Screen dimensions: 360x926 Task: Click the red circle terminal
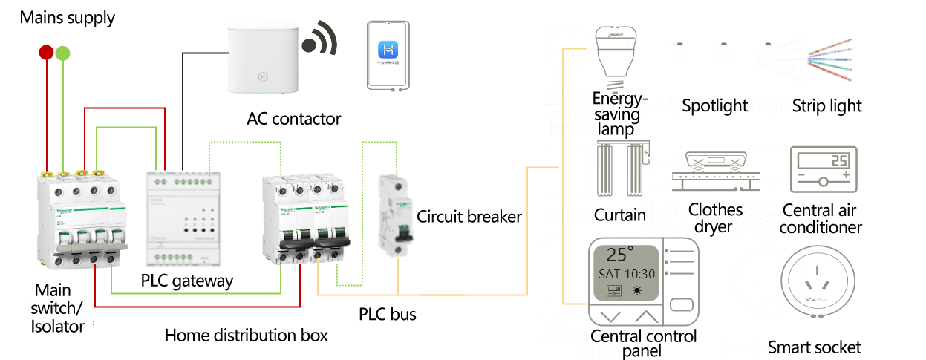pos(46,52)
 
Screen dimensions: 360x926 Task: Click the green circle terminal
pos(63,53)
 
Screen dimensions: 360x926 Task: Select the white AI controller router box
pos(263,57)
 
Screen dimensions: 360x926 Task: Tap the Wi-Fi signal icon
pos(322,41)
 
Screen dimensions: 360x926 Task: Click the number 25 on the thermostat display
pos(838,160)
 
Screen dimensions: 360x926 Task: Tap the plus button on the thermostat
pos(845,175)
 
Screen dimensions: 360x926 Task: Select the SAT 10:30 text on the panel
pos(626,273)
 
